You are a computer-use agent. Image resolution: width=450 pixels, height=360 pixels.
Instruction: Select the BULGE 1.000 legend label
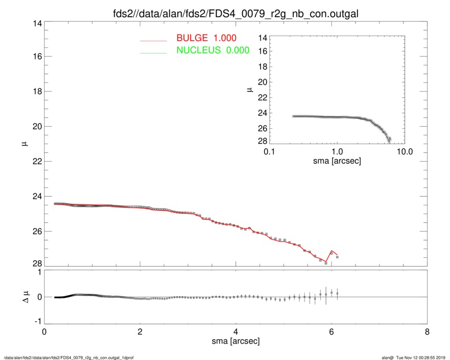[x=206, y=38]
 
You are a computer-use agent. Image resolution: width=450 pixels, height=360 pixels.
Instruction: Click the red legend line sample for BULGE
[x=154, y=40]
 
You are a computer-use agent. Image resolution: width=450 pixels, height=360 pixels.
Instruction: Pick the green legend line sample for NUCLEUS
[x=154, y=52]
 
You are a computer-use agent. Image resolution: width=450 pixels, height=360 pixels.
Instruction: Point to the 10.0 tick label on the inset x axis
[x=403, y=152]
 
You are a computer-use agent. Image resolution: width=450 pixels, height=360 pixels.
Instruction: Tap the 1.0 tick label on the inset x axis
[x=337, y=152]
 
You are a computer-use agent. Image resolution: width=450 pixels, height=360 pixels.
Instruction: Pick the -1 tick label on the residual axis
[x=35, y=322]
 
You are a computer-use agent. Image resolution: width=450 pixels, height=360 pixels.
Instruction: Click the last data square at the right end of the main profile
[x=337, y=257]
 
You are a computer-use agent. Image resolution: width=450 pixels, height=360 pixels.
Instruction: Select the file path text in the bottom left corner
[x=69, y=357]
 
